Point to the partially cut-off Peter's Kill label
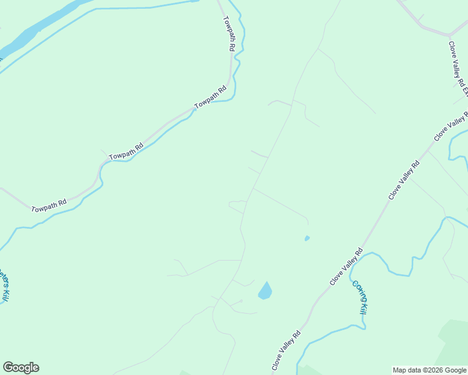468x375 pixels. pyautogui.click(x=4, y=286)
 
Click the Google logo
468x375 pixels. pyautogui.click(x=21, y=367)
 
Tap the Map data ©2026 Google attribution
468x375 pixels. pyautogui.click(x=430, y=370)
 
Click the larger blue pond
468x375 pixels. pyautogui.click(x=265, y=291)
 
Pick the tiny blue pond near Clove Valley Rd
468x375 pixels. pyautogui.click(x=307, y=238)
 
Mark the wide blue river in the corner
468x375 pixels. pyautogui.click(x=31, y=31)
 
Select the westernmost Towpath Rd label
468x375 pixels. pyautogui.click(x=49, y=205)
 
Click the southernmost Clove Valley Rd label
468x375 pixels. pyautogui.click(x=286, y=351)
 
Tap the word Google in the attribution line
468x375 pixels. pyautogui.click(x=455, y=370)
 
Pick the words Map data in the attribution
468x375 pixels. pyautogui.click(x=406, y=370)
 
